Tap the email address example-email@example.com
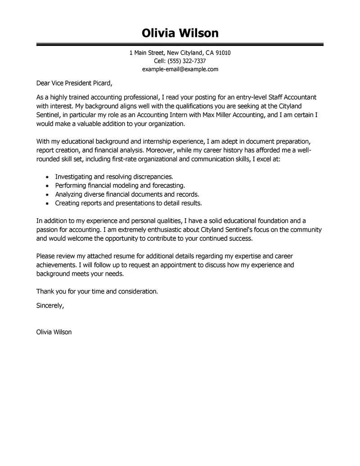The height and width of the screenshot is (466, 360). coord(180,69)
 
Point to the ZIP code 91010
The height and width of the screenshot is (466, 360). coord(223,53)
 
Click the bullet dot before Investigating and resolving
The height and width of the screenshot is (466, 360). coord(48,177)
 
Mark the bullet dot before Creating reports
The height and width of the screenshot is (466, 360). coord(48,204)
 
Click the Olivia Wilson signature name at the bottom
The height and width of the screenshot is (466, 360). coord(53,332)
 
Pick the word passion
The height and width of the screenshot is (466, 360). coord(47,230)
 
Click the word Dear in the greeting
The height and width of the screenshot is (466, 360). coord(44,83)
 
